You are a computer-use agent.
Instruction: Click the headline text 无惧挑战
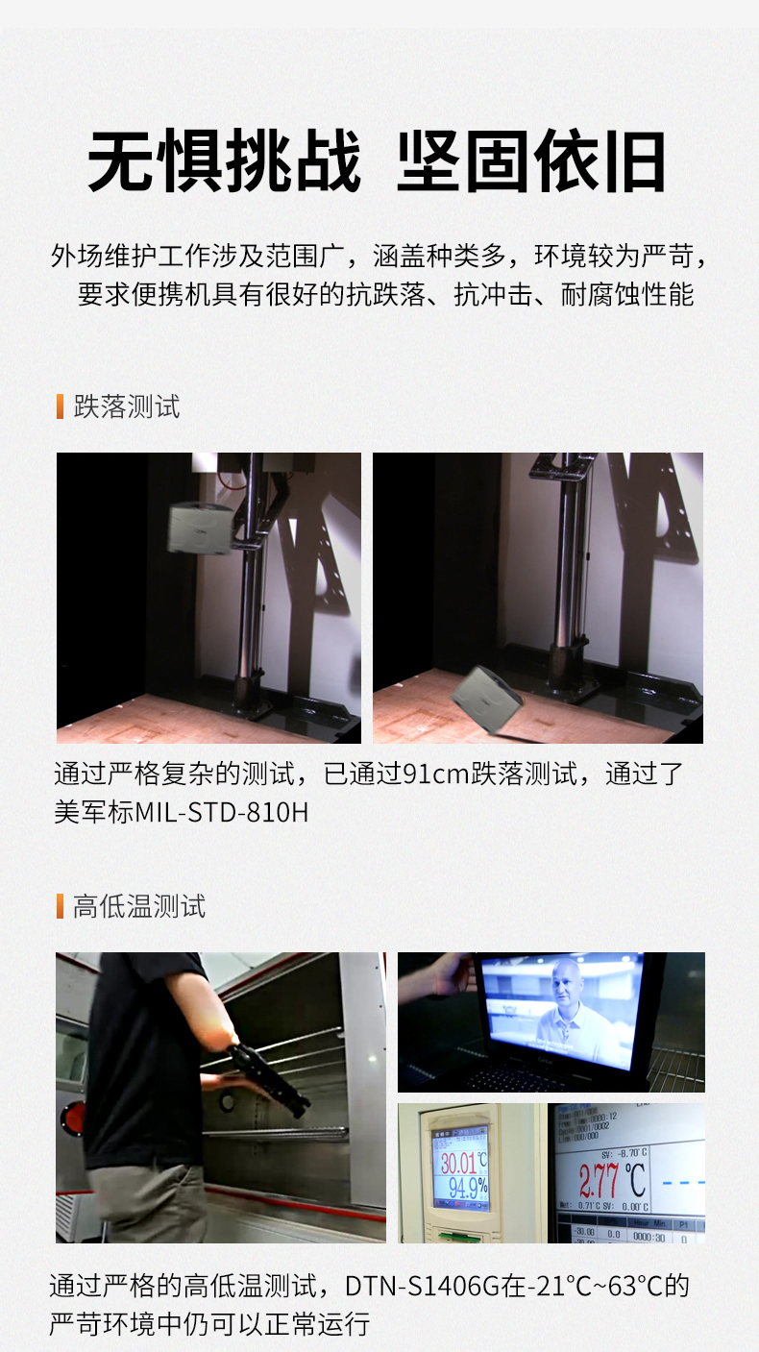click(224, 160)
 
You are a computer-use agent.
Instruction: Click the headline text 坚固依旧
click(531, 160)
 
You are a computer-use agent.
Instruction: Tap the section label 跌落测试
click(126, 406)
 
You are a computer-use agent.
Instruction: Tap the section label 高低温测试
click(139, 906)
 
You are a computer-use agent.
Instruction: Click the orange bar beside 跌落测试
click(60, 406)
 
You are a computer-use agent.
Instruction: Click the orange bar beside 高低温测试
click(60, 906)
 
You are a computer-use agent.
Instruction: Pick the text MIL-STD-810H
click(222, 812)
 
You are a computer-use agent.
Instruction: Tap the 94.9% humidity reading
click(467, 1188)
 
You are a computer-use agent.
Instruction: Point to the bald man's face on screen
click(567, 987)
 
